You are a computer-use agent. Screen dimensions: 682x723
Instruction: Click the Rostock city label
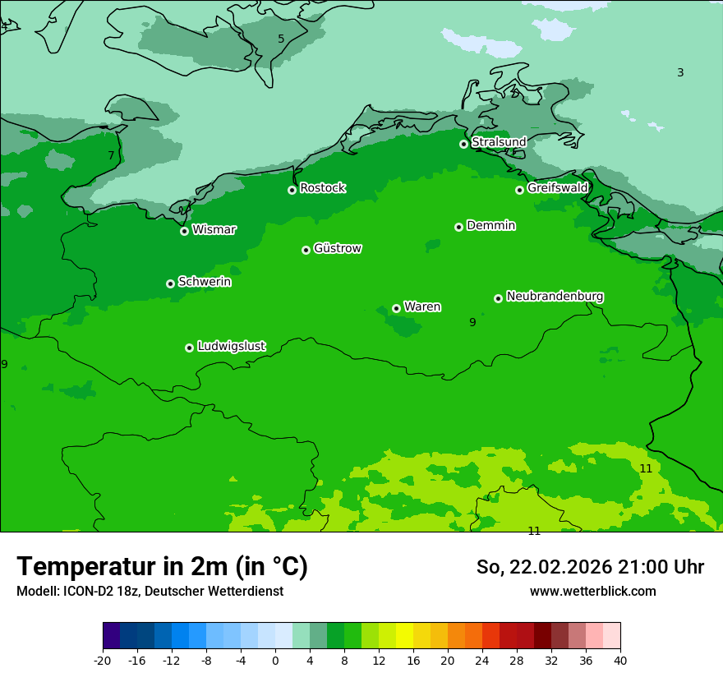322,188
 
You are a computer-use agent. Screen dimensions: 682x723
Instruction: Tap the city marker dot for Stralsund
463,144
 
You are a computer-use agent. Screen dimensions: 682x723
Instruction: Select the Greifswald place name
557,188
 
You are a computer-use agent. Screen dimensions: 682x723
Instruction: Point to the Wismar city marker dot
184,231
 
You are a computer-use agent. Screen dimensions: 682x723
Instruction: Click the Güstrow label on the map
337,248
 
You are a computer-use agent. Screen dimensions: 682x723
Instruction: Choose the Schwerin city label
205,282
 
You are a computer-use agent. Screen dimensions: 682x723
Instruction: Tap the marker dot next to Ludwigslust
189,348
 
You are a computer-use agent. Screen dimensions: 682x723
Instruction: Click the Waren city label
422,307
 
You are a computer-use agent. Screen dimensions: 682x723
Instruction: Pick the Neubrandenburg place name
555,297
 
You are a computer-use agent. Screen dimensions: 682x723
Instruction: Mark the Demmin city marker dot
458,227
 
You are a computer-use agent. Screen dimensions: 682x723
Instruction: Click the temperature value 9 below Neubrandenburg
472,322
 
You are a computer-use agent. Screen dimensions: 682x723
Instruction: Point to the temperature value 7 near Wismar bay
111,155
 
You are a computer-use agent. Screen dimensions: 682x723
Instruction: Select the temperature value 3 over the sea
680,72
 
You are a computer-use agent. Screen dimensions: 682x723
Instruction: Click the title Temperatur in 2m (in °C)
162,567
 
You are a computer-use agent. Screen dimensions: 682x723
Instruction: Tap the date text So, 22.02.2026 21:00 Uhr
590,567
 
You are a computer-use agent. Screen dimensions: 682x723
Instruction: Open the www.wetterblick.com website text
592,591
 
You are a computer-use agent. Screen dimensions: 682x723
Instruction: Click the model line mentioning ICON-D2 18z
150,591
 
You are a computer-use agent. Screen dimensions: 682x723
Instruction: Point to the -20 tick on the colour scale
103,661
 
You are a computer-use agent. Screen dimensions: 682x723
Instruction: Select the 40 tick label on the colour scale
620,661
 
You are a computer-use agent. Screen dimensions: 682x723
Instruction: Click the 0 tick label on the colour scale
275,661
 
